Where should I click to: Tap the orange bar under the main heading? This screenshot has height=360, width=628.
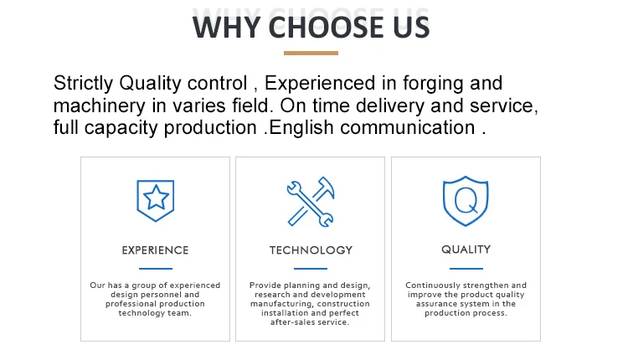311,53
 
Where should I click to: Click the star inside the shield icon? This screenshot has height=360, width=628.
156,198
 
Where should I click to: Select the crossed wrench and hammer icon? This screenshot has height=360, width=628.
311,202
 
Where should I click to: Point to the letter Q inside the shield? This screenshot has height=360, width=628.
466,201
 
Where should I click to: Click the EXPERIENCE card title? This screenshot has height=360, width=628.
156,250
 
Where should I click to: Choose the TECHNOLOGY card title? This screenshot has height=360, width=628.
311,250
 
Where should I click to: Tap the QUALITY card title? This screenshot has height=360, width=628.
466,249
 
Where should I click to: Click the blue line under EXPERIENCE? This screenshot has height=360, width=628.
156,268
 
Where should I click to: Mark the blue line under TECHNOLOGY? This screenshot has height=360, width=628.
311,268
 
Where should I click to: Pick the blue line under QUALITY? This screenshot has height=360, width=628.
466,268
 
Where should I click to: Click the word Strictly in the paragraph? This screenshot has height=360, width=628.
83,84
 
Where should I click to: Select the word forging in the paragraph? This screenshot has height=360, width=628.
433,84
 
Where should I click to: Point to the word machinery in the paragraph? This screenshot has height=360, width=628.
100,106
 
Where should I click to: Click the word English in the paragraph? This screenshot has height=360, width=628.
301,128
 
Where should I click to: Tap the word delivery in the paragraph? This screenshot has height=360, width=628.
389,106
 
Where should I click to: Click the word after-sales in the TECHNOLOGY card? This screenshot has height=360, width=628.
290,322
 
